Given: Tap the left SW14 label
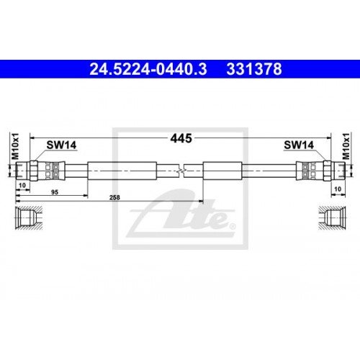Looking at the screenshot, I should coord(62,145).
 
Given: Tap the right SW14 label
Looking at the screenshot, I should coord(297,145).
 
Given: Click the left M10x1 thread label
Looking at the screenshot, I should coord(15,147).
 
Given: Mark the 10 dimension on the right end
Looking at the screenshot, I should coord(337,187).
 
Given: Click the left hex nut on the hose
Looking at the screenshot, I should coord(32,170).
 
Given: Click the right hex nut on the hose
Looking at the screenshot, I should coord(327,170).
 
